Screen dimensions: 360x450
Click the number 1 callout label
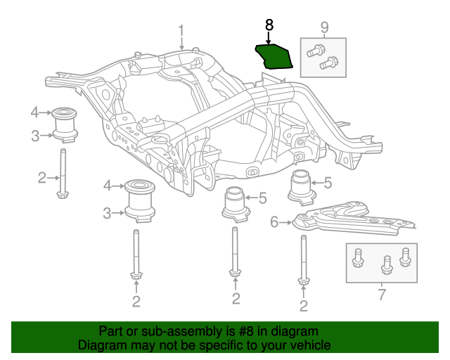(181, 30)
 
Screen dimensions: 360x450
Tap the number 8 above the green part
(269, 25)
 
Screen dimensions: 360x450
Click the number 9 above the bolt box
(324, 27)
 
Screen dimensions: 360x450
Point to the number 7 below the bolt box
(382, 295)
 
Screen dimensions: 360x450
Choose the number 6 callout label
(274, 222)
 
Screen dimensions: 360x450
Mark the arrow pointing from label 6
(286, 223)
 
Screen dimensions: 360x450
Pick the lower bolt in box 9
(328, 64)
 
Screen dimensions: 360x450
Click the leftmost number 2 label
(41, 177)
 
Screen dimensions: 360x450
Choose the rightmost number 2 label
(304, 305)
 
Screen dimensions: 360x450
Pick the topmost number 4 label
(34, 112)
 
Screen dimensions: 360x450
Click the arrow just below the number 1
(181, 44)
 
